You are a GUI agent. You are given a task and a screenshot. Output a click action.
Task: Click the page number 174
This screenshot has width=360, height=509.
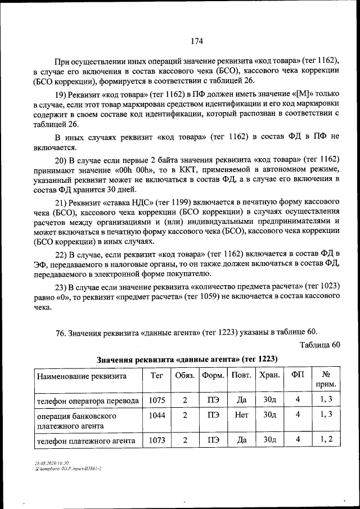tap(196, 41)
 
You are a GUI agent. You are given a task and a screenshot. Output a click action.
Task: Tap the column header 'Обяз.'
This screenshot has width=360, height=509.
tap(185, 375)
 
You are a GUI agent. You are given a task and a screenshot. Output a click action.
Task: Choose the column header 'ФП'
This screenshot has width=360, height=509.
tap(298, 375)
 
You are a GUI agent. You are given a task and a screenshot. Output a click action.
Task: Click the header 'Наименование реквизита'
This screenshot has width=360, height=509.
tap(82, 376)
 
